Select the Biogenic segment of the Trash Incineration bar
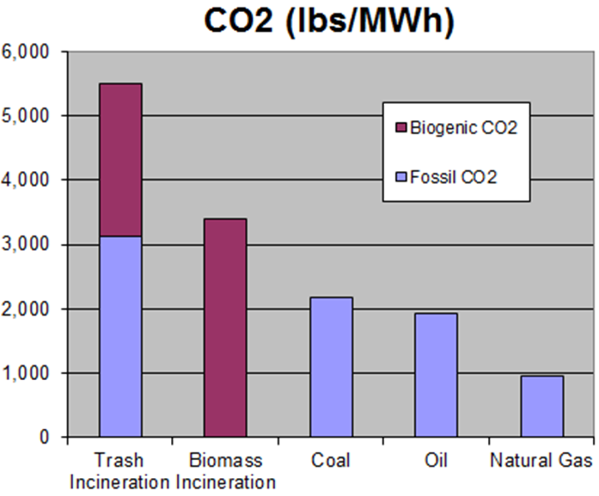pos(121,160)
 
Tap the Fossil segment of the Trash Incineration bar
pos(121,336)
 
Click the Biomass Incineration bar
pos(226,328)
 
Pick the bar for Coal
pos(331,367)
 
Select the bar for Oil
pos(436,375)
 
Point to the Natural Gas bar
pos(542,406)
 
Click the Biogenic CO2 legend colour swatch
pos(401,128)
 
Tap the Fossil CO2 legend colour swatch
pos(401,177)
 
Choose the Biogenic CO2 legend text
pos(463,128)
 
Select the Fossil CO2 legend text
pos(453,177)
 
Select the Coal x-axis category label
pos(331,460)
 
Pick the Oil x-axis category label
pos(436,460)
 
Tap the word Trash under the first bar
pos(119,460)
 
